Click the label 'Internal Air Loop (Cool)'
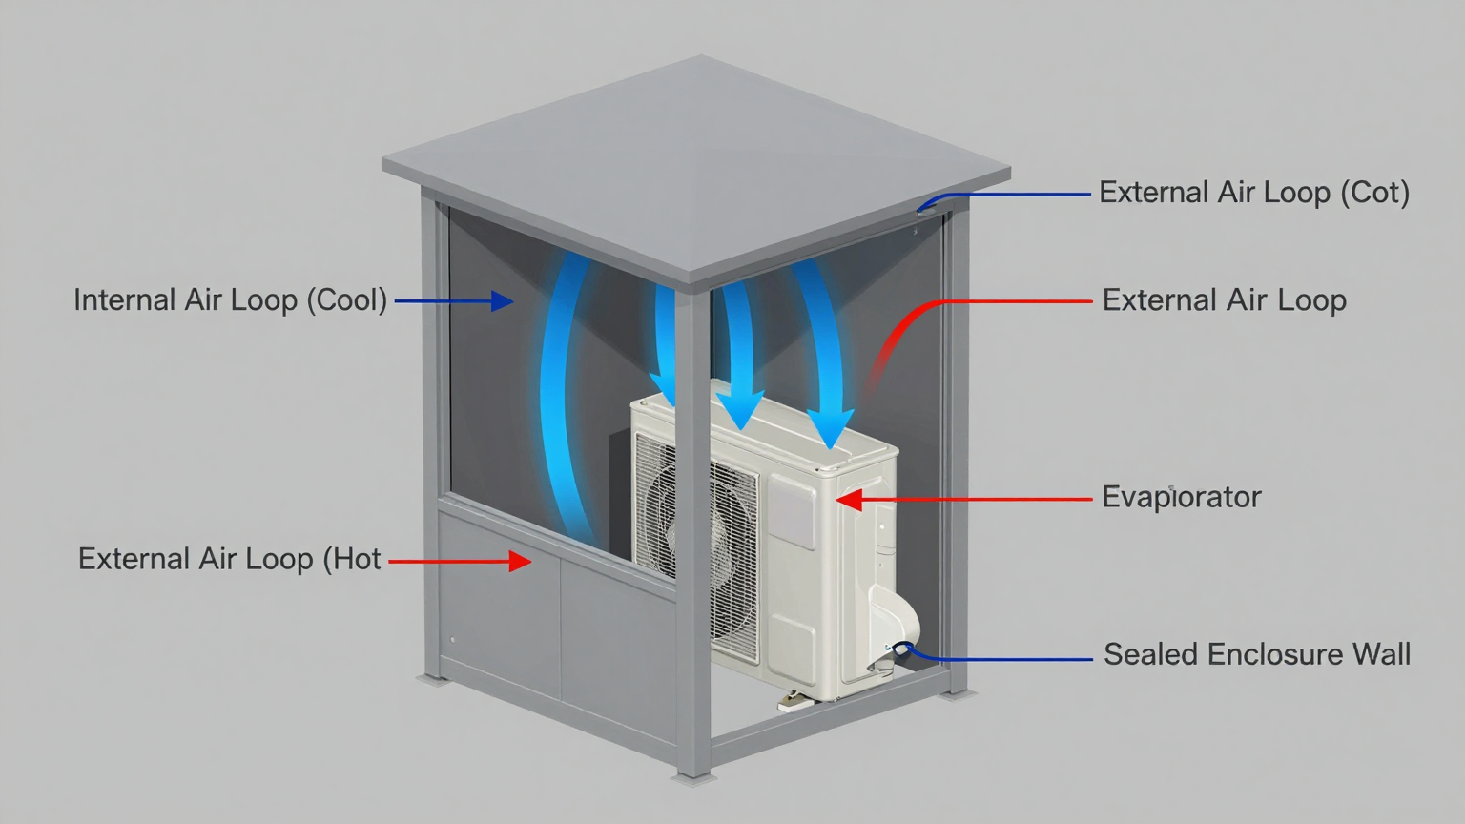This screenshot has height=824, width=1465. click(230, 300)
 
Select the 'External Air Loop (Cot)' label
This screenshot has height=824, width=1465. click(1253, 193)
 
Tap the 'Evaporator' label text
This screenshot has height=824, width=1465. click(1181, 497)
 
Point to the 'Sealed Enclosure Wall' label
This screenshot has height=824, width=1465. click(1256, 654)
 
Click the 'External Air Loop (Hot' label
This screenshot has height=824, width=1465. click(229, 559)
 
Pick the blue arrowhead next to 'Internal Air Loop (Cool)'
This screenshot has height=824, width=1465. click(502, 301)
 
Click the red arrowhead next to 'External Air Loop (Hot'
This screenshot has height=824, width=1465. click(519, 562)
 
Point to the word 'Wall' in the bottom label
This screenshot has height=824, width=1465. click(1381, 654)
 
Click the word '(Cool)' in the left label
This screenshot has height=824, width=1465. click(346, 300)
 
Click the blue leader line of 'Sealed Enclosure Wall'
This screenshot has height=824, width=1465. click(1001, 659)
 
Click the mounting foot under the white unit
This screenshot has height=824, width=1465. click(794, 703)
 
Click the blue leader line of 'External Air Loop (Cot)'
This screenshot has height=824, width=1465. click(1011, 194)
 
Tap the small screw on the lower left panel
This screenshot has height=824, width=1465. click(452, 640)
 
